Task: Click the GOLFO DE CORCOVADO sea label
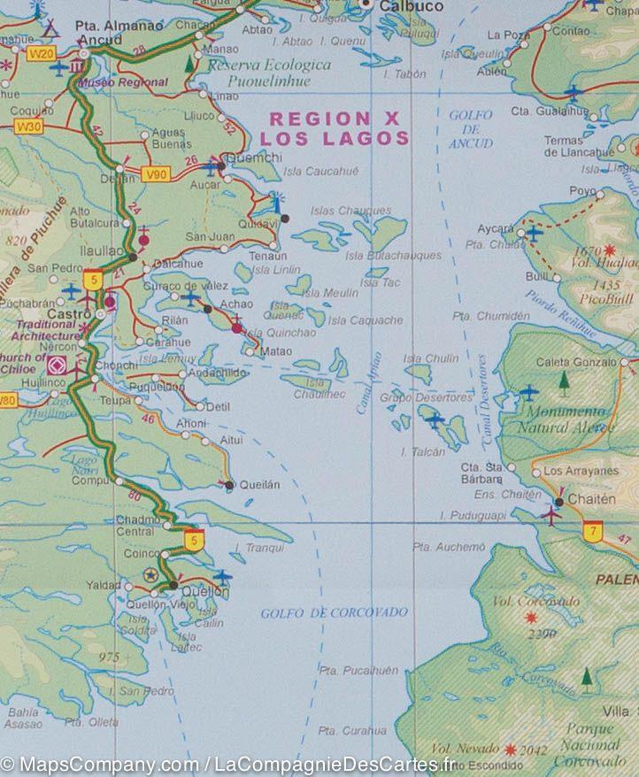pos(334,612)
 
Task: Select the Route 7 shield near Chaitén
pos(592,532)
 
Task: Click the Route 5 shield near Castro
pos(92,281)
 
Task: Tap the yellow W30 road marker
pos(28,127)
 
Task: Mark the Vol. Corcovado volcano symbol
pos(531,618)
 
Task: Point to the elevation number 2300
pos(540,634)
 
